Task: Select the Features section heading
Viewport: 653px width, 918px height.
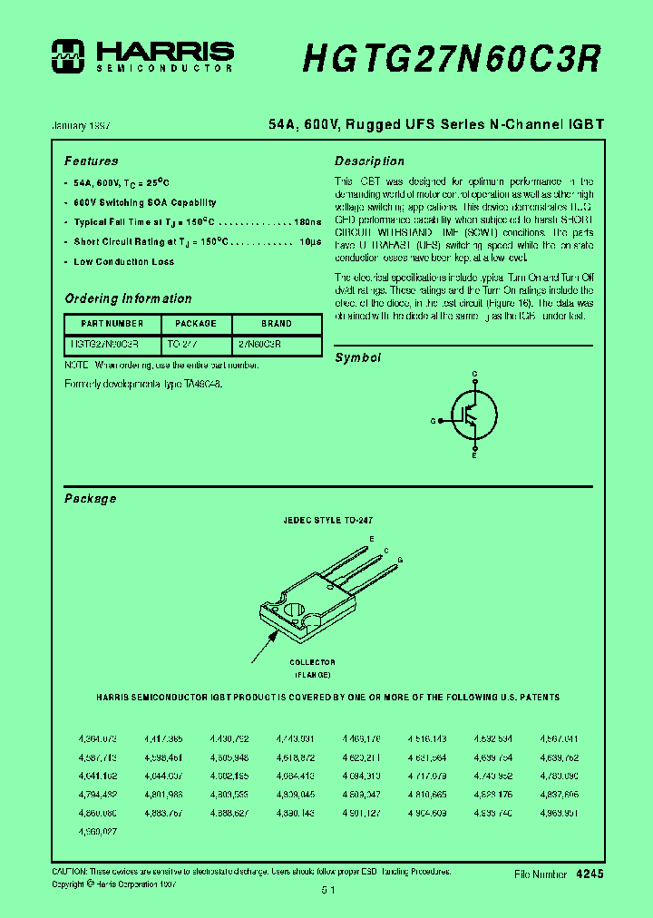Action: click(x=91, y=161)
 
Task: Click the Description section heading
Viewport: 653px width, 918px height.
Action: click(x=369, y=161)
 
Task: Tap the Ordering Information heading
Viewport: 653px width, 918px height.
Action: click(x=128, y=298)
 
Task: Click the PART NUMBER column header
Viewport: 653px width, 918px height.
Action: click(x=112, y=324)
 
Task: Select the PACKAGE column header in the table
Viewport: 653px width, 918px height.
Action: click(x=196, y=324)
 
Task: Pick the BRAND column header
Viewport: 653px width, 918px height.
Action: click(x=277, y=324)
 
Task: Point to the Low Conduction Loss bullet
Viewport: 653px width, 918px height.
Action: click(x=123, y=262)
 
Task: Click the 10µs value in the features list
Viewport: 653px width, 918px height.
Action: click(x=309, y=242)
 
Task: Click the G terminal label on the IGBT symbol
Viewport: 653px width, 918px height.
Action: click(x=433, y=421)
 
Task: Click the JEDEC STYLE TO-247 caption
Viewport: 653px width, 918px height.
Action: click(x=328, y=522)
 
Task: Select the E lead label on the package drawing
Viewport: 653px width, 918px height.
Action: click(x=371, y=539)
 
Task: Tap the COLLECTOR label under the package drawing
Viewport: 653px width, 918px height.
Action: click(x=312, y=662)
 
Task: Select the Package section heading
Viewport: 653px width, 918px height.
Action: click(x=90, y=499)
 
